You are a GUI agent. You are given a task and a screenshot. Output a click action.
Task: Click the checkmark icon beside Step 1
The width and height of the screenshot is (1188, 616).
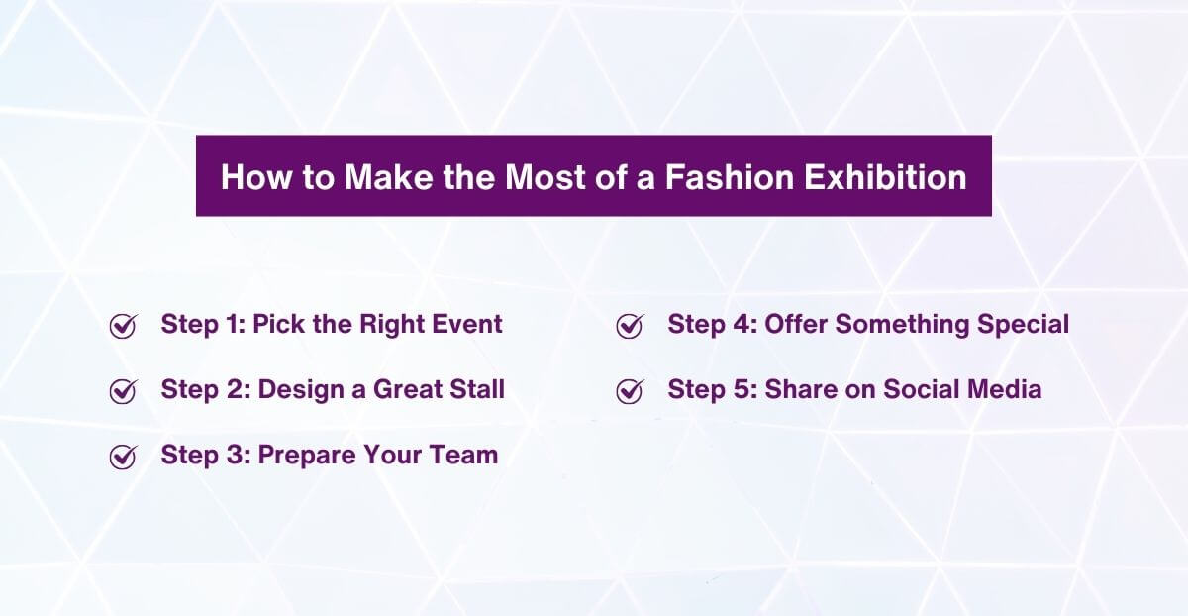coord(122,326)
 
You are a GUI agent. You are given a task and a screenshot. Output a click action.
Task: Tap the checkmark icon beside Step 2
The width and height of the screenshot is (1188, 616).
coord(122,391)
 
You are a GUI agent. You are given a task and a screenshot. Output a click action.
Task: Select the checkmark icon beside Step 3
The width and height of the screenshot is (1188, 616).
coord(122,457)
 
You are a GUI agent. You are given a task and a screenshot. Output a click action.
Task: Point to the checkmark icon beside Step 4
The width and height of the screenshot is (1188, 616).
coord(629,326)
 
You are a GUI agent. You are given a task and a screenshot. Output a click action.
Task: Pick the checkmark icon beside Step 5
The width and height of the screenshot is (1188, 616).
coord(629,391)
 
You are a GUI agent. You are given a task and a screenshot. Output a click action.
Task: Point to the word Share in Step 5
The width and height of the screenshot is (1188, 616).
coord(797,389)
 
